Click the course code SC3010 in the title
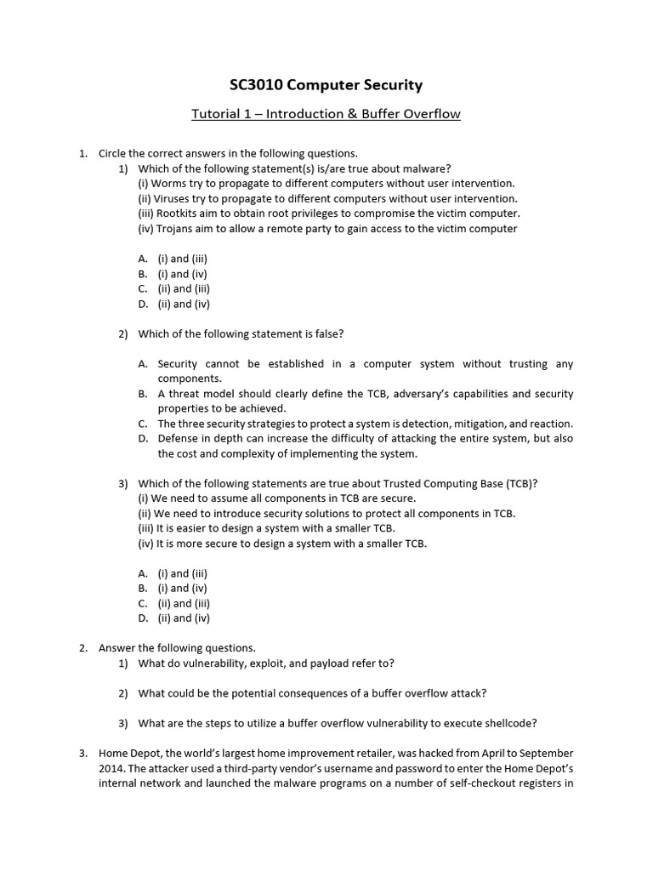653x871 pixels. [259, 85]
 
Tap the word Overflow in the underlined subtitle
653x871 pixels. [432, 114]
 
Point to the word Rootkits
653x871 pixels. [180, 213]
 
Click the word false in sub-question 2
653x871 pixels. [326, 333]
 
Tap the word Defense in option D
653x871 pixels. [179, 439]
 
